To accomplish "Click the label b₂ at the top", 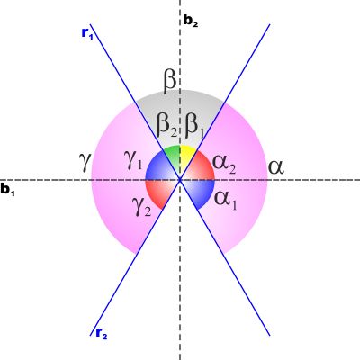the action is coord(190,21).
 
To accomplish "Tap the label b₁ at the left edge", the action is coord(7,190).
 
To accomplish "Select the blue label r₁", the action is coord(87,33).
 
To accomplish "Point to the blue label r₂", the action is coord(102,333).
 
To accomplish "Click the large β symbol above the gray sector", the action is coord(170,82).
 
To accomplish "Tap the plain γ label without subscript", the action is coord(85,161).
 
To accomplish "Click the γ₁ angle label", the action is coord(133,162).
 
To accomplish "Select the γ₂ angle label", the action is coord(141,207).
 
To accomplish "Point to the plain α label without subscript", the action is coord(275,167).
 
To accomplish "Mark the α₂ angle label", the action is coord(224,165).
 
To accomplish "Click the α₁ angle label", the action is coord(225,200).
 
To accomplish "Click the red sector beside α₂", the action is coord(202,166).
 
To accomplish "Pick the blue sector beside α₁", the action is coord(201,192).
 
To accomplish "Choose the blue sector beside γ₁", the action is coord(159,166).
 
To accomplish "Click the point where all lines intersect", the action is coord(180,180).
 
